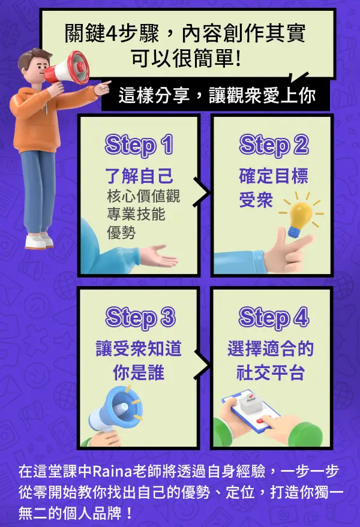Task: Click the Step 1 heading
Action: click(139, 145)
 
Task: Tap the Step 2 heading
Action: click(274, 145)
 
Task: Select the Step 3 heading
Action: click(140, 317)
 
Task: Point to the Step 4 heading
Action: click(274, 317)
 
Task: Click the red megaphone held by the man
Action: click(67, 68)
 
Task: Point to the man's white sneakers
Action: click(39, 240)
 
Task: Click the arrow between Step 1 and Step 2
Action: click(202, 192)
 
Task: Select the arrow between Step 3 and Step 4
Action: click(202, 365)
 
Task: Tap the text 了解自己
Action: click(139, 176)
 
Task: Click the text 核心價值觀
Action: click(143, 195)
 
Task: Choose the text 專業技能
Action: click(136, 214)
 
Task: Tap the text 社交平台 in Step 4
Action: click(271, 372)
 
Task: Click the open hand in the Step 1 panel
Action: click(158, 257)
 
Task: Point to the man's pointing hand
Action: click(103, 87)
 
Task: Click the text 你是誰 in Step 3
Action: click(139, 372)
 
